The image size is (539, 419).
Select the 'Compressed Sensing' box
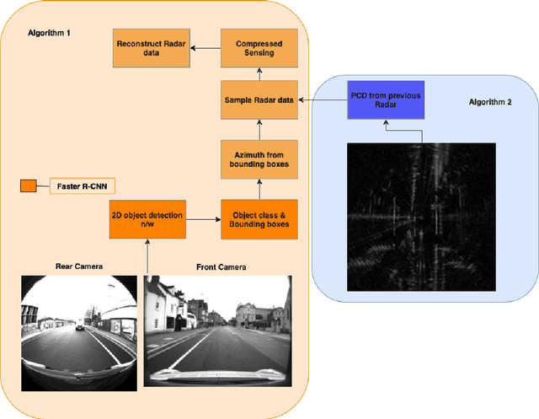click(x=259, y=49)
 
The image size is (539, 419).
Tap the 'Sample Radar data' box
click(x=259, y=99)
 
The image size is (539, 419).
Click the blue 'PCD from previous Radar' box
click(x=383, y=100)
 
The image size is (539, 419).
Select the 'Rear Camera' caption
click(x=78, y=266)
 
